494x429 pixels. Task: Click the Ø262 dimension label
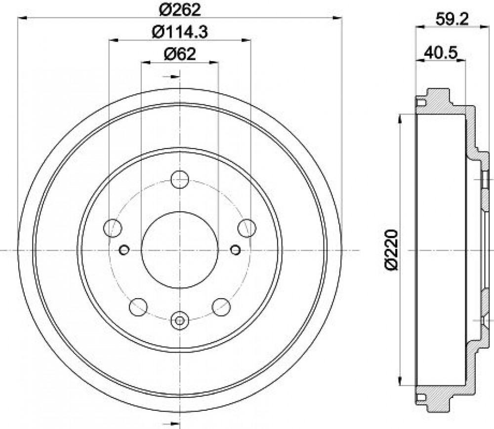[x=180, y=9]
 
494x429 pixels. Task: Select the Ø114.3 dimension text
[x=180, y=32]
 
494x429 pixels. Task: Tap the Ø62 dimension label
[x=180, y=54]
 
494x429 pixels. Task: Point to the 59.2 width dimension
[x=452, y=20]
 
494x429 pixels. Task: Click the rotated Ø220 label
[x=391, y=250]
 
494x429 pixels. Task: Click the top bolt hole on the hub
[x=180, y=179]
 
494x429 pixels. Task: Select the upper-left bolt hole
[x=113, y=228]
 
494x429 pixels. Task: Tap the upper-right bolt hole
[x=247, y=228]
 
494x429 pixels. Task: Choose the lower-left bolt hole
[x=138, y=307]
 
